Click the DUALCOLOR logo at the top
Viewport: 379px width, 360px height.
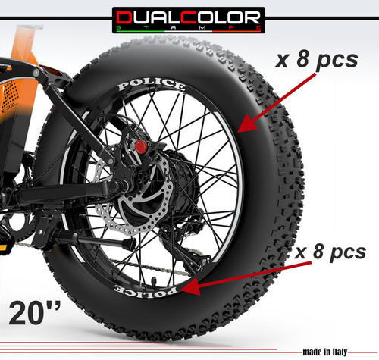click(x=189, y=20)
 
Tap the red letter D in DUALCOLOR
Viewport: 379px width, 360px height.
click(x=124, y=17)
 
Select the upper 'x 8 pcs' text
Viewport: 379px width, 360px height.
click(x=317, y=60)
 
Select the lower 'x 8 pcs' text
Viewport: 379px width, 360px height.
click(x=330, y=252)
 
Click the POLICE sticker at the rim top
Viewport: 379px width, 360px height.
click(x=152, y=84)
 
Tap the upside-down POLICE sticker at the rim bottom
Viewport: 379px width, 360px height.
click(x=146, y=291)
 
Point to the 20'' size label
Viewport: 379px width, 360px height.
click(x=35, y=313)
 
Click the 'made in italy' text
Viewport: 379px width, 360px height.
click(x=325, y=352)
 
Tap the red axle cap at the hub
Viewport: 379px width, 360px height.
click(x=140, y=147)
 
